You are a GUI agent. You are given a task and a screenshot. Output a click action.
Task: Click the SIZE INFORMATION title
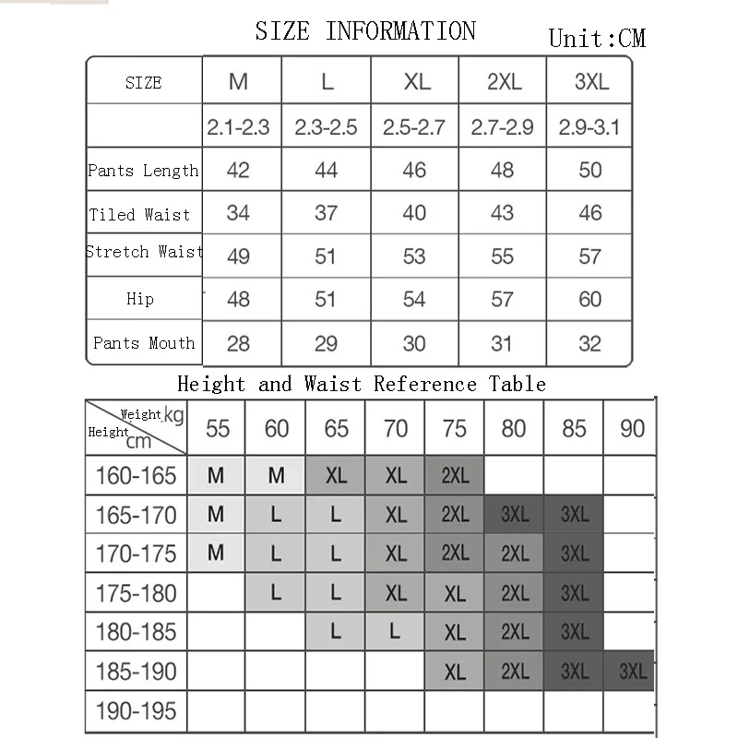(365, 31)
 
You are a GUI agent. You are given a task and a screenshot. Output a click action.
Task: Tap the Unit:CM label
(597, 38)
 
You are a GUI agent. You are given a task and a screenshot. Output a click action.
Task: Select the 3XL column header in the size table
(591, 81)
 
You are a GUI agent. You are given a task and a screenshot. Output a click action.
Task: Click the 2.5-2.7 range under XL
(414, 127)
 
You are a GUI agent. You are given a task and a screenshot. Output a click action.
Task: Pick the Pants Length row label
(143, 171)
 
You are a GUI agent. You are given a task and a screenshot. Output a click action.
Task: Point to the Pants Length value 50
(590, 170)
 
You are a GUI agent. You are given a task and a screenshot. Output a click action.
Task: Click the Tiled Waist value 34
(238, 213)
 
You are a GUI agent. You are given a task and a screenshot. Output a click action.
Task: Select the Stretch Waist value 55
(502, 256)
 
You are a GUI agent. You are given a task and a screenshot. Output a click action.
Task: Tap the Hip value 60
(590, 299)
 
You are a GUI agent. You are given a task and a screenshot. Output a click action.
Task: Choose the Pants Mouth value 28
(238, 343)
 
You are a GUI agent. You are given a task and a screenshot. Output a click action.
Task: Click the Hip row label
(140, 299)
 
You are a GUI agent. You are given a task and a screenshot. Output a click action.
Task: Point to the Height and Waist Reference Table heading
(362, 384)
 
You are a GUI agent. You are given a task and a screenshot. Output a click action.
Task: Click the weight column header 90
(633, 429)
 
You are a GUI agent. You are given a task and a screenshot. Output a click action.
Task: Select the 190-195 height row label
(136, 711)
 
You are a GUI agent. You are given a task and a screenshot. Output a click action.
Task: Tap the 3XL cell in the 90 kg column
(633, 672)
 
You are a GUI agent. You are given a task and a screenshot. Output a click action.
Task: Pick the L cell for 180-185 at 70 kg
(395, 632)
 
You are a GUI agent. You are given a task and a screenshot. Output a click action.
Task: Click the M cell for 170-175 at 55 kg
(216, 553)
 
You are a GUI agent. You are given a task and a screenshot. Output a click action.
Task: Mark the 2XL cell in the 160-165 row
(455, 476)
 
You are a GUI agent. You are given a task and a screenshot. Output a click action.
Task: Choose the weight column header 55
(218, 429)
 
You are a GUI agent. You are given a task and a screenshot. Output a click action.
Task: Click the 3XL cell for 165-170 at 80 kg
(514, 515)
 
